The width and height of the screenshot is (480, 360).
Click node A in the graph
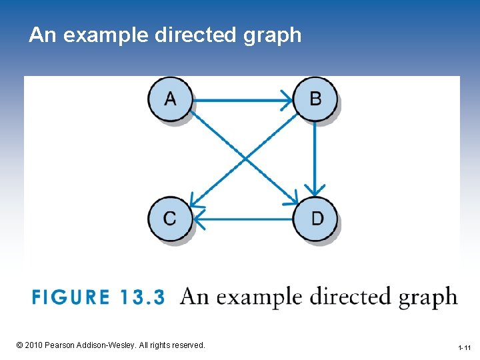pyautogui.click(x=171, y=100)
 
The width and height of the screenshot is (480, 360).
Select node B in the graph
pyautogui.click(x=315, y=100)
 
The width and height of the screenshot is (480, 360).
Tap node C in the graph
pyautogui.click(x=171, y=218)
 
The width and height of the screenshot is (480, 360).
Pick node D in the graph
pyautogui.click(x=316, y=218)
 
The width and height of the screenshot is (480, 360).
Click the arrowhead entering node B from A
pyautogui.click(x=287, y=101)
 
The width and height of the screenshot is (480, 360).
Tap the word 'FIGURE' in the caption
pyautogui.click(x=70, y=297)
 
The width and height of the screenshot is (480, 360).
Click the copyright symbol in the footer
pyautogui.click(x=19, y=345)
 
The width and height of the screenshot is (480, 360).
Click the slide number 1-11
pyautogui.click(x=464, y=348)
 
